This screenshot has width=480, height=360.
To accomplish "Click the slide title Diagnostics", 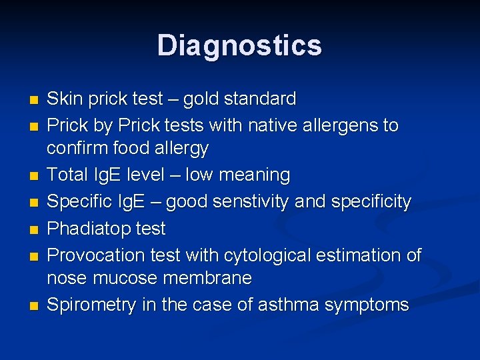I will coord(239,45).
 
